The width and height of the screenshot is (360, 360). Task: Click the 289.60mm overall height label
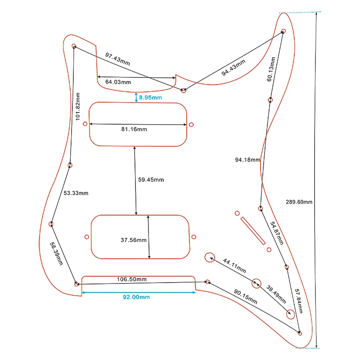click(x=299, y=202)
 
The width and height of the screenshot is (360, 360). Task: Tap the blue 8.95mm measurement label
click(x=150, y=97)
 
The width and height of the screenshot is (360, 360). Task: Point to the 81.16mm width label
click(x=134, y=130)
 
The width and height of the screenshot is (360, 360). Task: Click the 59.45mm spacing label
click(x=151, y=180)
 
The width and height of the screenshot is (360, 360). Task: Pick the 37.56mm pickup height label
click(x=133, y=240)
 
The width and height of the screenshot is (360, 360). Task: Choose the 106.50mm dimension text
click(x=133, y=279)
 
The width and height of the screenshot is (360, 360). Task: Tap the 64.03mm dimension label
click(x=118, y=82)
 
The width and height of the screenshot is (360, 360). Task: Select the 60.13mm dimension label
click(x=272, y=68)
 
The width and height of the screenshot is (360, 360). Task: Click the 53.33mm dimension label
click(x=76, y=193)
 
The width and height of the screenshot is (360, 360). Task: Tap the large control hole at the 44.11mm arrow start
click(x=209, y=257)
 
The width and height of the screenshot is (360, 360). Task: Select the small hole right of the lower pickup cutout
click(x=193, y=237)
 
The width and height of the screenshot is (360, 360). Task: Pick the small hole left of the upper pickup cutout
click(x=85, y=124)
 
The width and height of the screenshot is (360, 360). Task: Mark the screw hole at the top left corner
click(x=74, y=46)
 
